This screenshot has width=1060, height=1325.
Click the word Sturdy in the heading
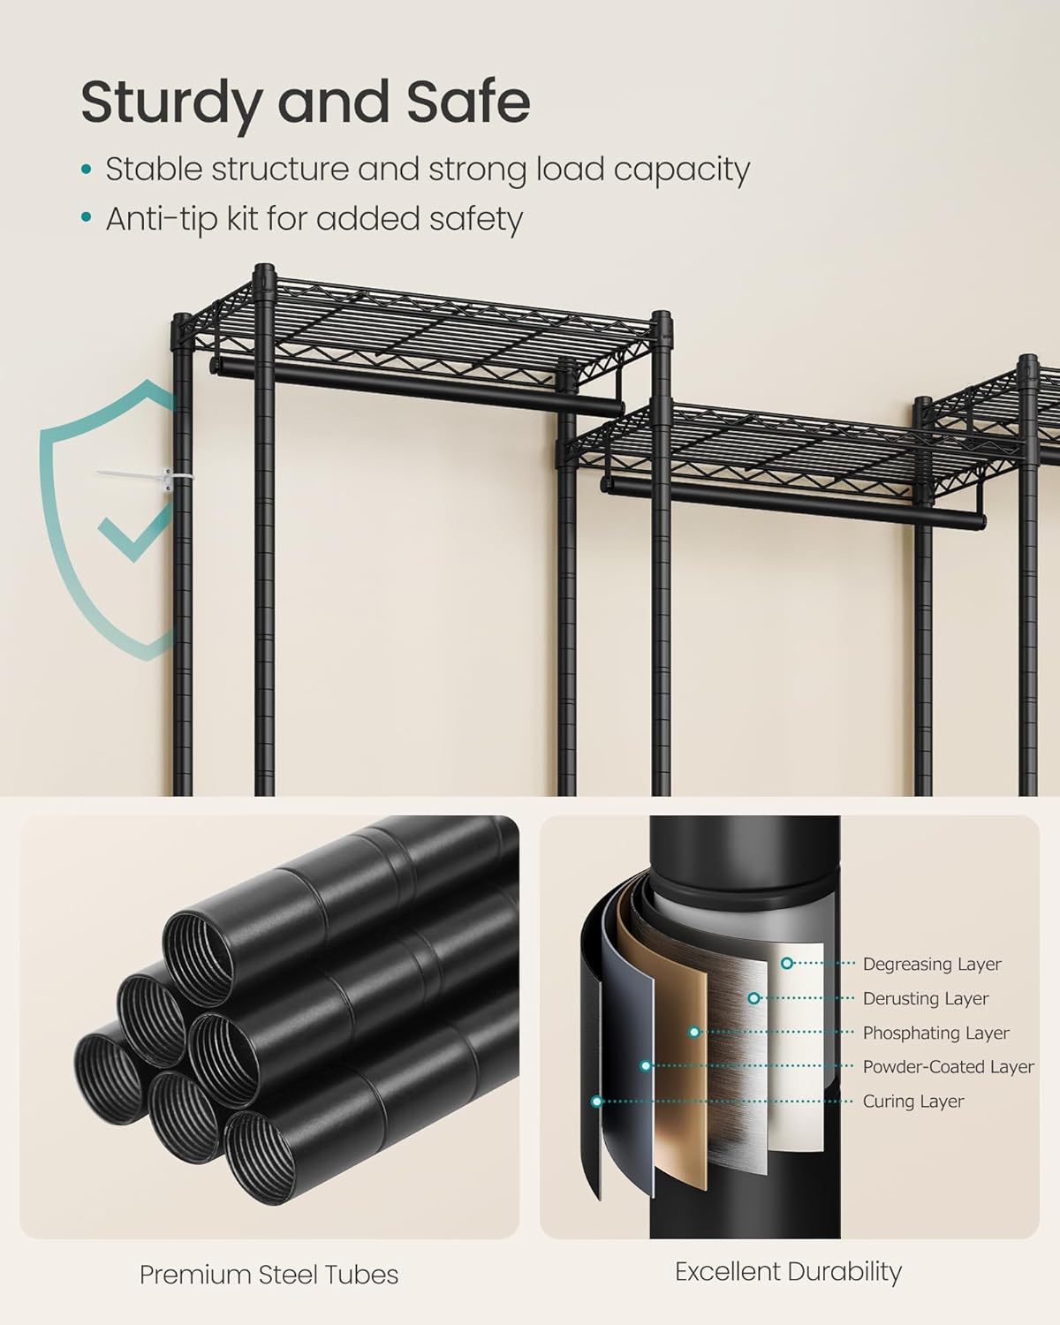[x=169, y=103]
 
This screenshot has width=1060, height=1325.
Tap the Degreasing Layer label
[x=932, y=964]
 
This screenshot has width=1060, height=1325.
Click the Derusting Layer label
[x=926, y=998]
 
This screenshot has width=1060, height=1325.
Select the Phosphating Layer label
[x=935, y=1033]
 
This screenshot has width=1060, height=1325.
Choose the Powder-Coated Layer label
[x=948, y=1067]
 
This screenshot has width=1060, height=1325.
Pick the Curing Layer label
[x=913, y=1102]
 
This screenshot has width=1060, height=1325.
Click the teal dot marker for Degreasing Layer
[x=786, y=964]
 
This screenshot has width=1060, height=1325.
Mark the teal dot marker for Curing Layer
[x=597, y=1102]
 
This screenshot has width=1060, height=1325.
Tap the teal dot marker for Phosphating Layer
[x=695, y=1032]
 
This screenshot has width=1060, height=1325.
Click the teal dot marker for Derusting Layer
[x=753, y=998]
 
